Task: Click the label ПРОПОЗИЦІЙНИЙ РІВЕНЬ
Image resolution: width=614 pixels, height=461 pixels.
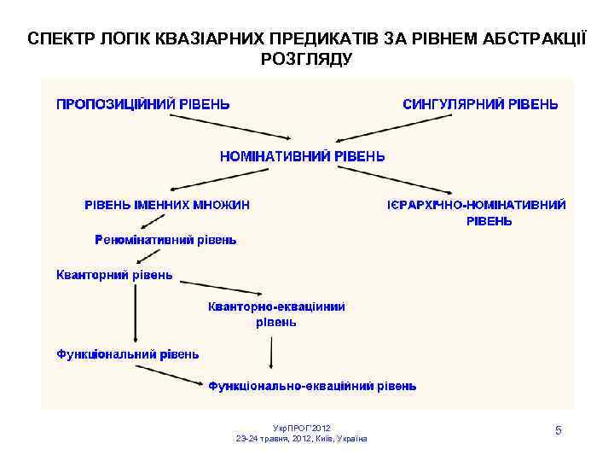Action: click(x=142, y=104)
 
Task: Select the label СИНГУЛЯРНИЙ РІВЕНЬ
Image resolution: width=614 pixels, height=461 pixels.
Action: click(x=480, y=104)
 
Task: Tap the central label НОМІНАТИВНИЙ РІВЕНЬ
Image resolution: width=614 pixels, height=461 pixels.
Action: click(x=303, y=157)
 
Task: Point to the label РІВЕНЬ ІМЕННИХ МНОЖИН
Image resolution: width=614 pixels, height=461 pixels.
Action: click(x=166, y=205)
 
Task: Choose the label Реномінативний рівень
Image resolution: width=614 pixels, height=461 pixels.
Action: click(x=165, y=240)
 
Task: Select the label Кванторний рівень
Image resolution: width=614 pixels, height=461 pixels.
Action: click(x=114, y=275)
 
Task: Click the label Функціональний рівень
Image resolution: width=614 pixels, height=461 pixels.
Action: click(x=128, y=353)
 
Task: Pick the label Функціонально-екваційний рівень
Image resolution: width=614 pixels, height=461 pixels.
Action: click(x=313, y=386)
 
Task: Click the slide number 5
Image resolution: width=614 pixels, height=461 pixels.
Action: click(x=558, y=430)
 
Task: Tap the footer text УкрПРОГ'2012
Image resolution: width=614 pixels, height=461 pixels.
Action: click(x=302, y=427)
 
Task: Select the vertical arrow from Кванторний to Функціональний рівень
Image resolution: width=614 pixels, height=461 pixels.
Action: click(x=134, y=312)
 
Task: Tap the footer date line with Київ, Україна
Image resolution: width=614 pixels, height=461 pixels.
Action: click(x=302, y=438)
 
